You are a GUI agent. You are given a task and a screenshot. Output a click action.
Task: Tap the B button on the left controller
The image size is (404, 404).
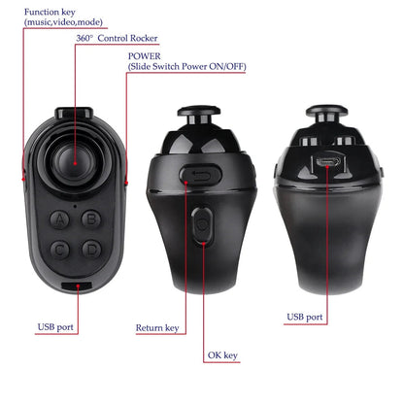point(90,220)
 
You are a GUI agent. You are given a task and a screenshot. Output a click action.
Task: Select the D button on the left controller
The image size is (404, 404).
point(90,249)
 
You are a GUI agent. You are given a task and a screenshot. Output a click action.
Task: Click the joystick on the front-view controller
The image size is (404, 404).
point(74,161)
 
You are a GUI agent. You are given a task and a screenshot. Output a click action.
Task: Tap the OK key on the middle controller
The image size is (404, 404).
point(203,224)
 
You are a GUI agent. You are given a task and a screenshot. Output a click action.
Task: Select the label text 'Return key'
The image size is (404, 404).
point(156,328)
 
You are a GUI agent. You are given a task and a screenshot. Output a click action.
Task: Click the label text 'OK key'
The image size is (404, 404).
point(222,355)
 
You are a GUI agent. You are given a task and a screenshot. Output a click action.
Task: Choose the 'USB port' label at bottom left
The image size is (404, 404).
point(55,327)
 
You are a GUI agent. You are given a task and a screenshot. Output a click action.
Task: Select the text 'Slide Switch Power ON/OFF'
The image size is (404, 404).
point(185,70)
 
